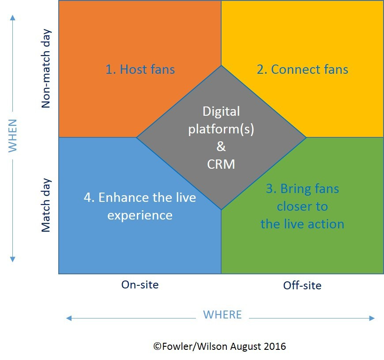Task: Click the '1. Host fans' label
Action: [x=140, y=69]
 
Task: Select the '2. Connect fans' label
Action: [x=302, y=69]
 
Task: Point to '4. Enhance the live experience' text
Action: [x=140, y=206]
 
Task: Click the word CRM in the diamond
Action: [x=221, y=164]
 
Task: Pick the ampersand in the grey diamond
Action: [x=221, y=147]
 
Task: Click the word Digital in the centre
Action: [x=221, y=111]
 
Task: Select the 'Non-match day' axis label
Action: [x=46, y=68]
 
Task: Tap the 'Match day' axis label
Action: [x=46, y=205]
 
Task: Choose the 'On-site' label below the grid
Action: [x=140, y=284]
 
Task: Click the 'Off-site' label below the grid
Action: [x=302, y=285]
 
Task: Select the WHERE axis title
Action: [x=222, y=315]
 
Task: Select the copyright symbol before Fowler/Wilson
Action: [x=157, y=346]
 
